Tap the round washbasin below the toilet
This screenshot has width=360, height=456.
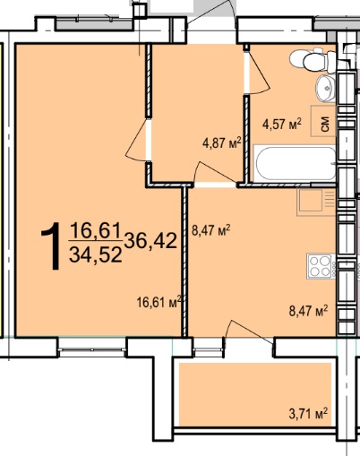[x=325, y=88]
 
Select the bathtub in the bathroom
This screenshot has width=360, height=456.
[x=295, y=163]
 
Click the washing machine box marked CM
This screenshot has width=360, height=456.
[x=323, y=121]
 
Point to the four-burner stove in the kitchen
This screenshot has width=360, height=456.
[x=321, y=266]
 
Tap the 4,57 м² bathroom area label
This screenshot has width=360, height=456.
[x=282, y=124]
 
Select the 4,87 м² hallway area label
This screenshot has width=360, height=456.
[x=221, y=143]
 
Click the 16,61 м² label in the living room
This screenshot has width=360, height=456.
[x=159, y=302]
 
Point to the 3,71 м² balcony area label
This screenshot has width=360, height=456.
[x=308, y=414]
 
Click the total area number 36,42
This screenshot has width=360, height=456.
[x=150, y=241]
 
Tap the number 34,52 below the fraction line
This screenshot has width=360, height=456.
[x=96, y=255]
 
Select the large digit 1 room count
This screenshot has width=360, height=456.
[x=51, y=246]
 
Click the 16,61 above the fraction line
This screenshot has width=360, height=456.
[x=96, y=231]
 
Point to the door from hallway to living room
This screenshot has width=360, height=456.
[x=137, y=141]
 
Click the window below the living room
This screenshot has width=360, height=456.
[x=91, y=348]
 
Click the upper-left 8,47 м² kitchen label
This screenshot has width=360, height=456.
[x=210, y=230]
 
